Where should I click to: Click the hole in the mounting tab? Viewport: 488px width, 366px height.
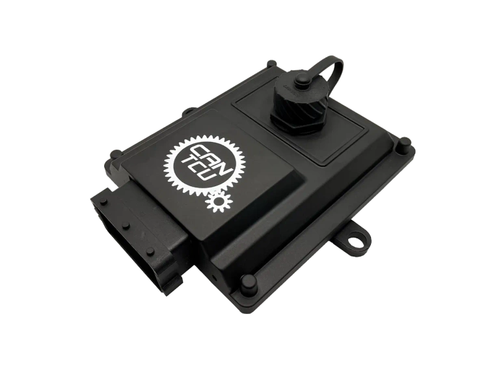pos(353,243)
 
